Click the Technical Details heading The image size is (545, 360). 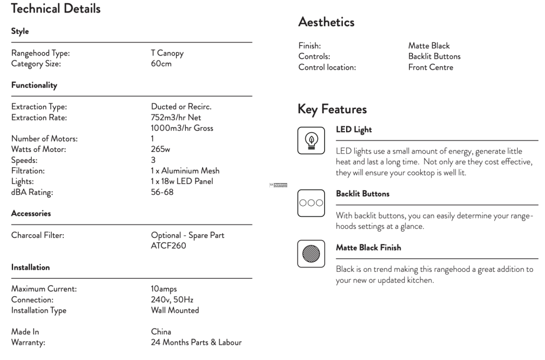tap(56, 9)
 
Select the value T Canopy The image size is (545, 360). tap(167, 53)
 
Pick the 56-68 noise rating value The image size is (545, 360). tap(162, 192)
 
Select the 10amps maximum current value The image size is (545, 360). tap(164, 289)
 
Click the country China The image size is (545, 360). tap(161, 332)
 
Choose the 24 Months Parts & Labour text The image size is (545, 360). tap(196, 343)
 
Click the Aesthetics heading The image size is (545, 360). tap(326, 22)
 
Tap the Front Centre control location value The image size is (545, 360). tap(431, 68)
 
